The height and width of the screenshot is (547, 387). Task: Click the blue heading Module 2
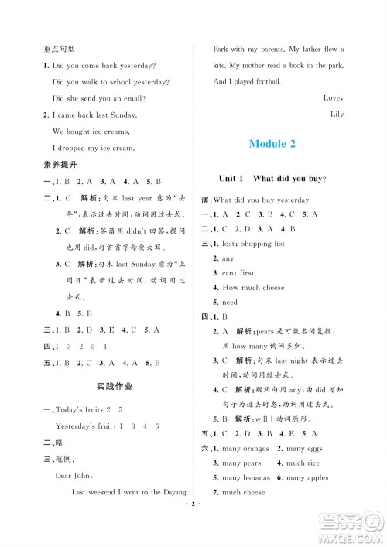click(283, 144)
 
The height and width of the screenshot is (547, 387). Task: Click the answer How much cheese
click(253, 288)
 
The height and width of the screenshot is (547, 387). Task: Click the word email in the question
click(150, 98)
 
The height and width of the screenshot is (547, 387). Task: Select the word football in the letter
click(265, 82)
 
